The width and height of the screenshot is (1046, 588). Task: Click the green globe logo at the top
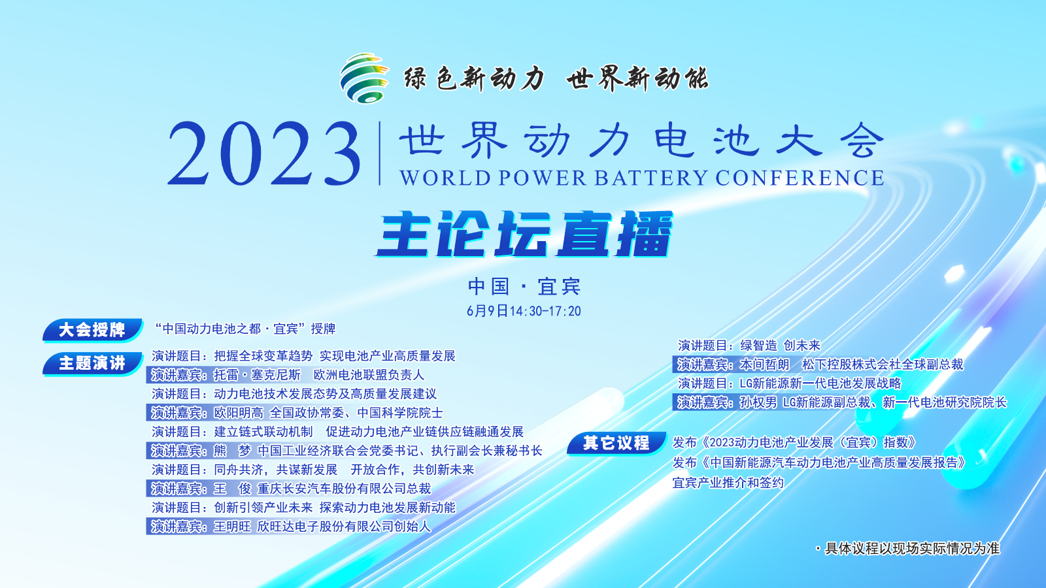coord(364,78)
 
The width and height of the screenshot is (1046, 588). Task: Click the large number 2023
coord(264,154)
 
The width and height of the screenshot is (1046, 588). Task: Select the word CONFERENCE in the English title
coord(800,178)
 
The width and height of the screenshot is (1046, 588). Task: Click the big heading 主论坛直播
coord(524,235)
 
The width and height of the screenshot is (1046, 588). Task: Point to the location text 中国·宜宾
coord(524,287)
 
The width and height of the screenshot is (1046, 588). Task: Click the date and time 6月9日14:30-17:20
coord(524,311)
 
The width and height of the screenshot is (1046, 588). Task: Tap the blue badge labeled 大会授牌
coord(92,330)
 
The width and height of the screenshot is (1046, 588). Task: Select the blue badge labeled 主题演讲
coord(92,363)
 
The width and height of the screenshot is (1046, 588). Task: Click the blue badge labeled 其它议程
coord(616,443)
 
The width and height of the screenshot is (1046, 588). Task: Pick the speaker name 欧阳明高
coord(239,413)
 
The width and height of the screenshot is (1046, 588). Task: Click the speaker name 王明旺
coord(233,527)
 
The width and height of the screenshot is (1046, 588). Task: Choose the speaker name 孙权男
coord(758,402)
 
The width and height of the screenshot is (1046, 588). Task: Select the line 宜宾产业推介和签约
coord(728,483)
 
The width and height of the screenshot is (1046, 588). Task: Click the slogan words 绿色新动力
coord(475,78)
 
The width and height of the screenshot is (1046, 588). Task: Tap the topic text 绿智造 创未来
coord(781,346)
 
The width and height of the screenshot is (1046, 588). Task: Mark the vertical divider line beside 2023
coord(380,154)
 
